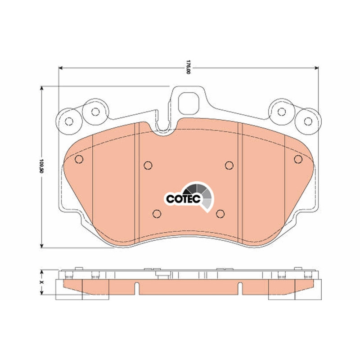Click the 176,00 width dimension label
point(188,67)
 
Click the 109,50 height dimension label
point(41,166)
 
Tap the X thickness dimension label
point(41,282)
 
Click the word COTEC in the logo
point(184,199)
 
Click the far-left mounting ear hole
point(69,121)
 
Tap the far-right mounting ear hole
point(308,121)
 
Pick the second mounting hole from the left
point(95,112)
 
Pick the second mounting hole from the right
point(282,112)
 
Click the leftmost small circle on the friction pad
point(79,159)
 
